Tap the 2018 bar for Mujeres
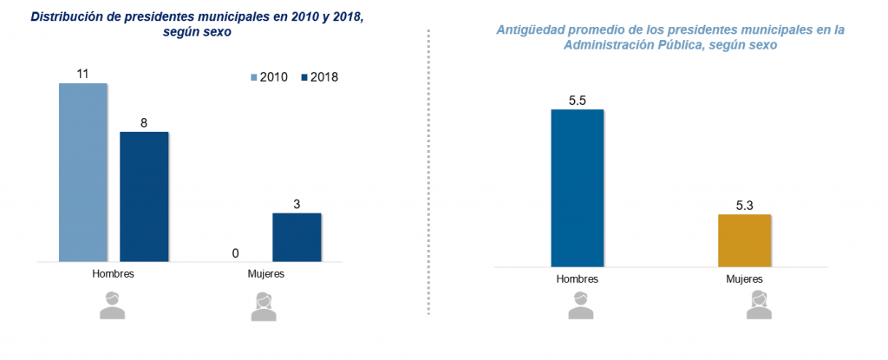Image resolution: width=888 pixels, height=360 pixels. (297, 237)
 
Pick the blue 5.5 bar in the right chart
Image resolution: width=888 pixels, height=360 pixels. (577, 188)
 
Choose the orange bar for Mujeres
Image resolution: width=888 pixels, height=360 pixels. (744, 240)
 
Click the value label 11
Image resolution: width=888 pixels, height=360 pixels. (82, 75)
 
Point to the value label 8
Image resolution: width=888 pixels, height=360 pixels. (144, 123)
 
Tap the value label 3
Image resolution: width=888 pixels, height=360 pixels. (297, 204)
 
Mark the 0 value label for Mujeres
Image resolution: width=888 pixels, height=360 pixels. (235, 252)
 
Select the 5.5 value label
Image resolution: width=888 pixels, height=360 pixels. (578, 101)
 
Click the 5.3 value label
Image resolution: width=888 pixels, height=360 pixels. (744, 206)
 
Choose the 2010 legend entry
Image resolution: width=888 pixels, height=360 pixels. (269, 77)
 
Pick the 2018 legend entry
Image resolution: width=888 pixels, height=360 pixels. (319, 77)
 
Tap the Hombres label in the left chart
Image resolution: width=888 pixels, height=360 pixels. (113, 273)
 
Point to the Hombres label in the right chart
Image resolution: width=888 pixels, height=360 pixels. (578, 279)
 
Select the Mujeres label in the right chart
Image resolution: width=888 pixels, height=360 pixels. (744, 279)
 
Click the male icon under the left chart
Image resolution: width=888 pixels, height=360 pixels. (112, 305)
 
